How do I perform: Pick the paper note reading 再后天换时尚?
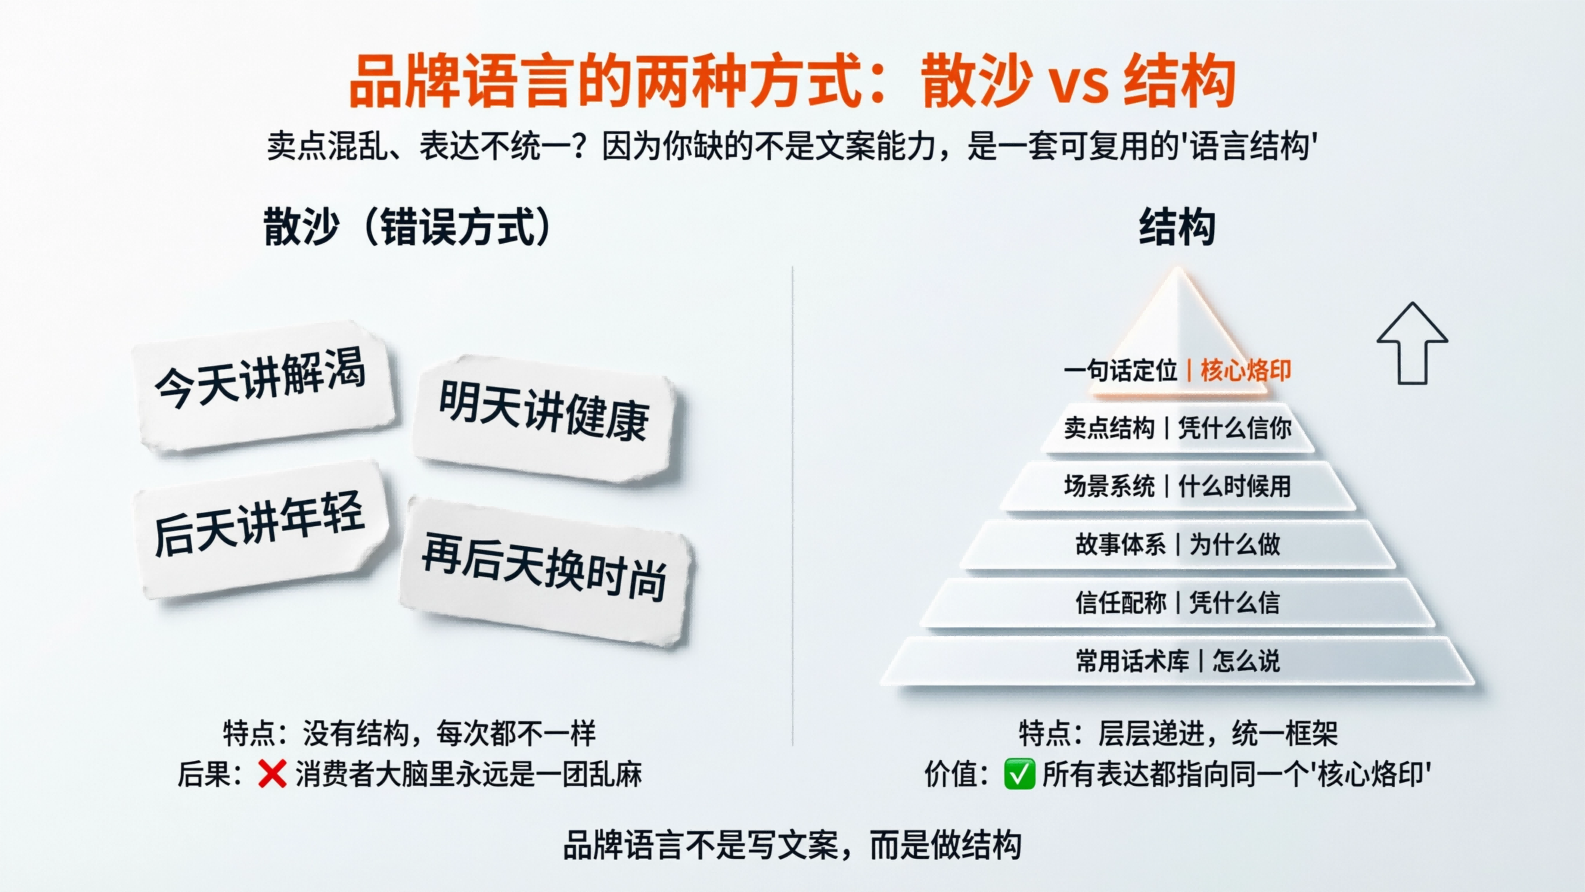(545, 569)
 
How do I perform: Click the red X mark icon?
(272, 774)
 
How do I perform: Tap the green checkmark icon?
(1019, 774)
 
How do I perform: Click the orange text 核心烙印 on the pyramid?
(1245, 371)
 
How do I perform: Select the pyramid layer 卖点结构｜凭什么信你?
(1177, 428)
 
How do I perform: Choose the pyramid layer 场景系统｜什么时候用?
(1177, 486)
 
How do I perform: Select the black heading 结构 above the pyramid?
(1177, 227)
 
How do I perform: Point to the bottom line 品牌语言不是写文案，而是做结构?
(792, 845)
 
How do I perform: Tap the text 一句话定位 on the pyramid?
(1120, 371)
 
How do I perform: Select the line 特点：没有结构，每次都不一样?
(409, 733)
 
